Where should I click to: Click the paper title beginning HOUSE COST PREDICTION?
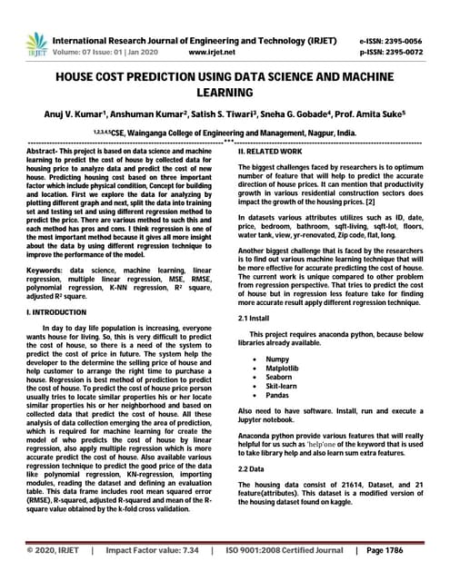(225, 86)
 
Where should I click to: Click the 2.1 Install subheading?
(256, 320)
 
